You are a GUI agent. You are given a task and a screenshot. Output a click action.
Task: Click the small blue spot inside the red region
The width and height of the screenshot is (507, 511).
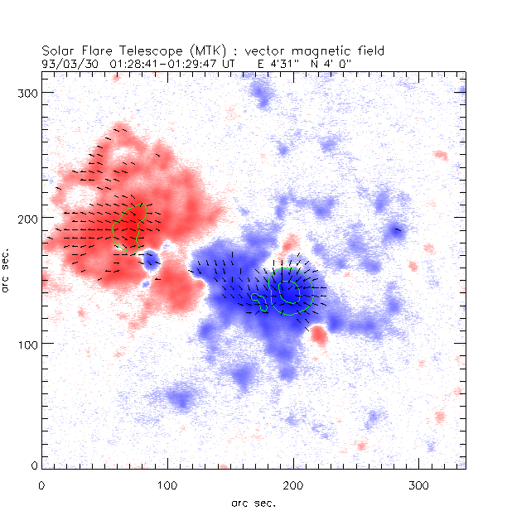152,263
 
